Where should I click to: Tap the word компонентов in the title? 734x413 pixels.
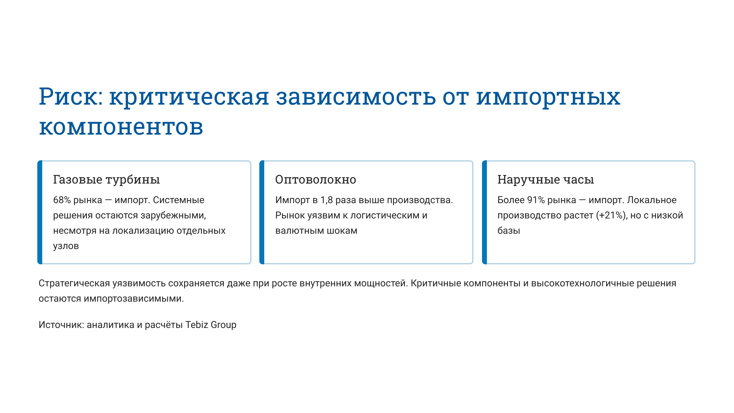pyautogui.click(x=121, y=127)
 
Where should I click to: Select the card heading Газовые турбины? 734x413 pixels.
pyautogui.click(x=106, y=180)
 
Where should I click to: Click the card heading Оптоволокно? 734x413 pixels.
pyautogui.click(x=316, y=180)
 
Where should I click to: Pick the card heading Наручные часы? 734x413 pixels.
pyautogui.click(x=546, y=180)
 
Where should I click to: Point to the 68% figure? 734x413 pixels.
pyautogui.click(x=62, y=200)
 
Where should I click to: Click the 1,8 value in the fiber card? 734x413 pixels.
pyautogui.click(x=327, y=200)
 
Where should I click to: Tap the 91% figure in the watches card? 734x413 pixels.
pyautogui.click(x=536, y=200)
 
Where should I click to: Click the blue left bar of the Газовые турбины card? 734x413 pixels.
pyautogui.click(x=40, y=212)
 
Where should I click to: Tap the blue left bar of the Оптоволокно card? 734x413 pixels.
pyautogui.click(x=262, y=212)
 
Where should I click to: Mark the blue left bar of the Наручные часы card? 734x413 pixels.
pyautogui.click(x=484, y=212)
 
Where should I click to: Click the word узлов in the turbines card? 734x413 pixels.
pyautogui.click(x=66, y=246)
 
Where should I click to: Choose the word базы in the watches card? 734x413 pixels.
pyautogui.click(x=509, y=231)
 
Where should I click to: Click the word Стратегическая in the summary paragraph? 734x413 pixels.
pyautogui.click(x=74, y=283)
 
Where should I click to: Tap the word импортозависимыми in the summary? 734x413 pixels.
pyautogui.click(x=134, y=299)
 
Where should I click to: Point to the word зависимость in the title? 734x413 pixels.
pyautogui.click(x=356, y=97)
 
